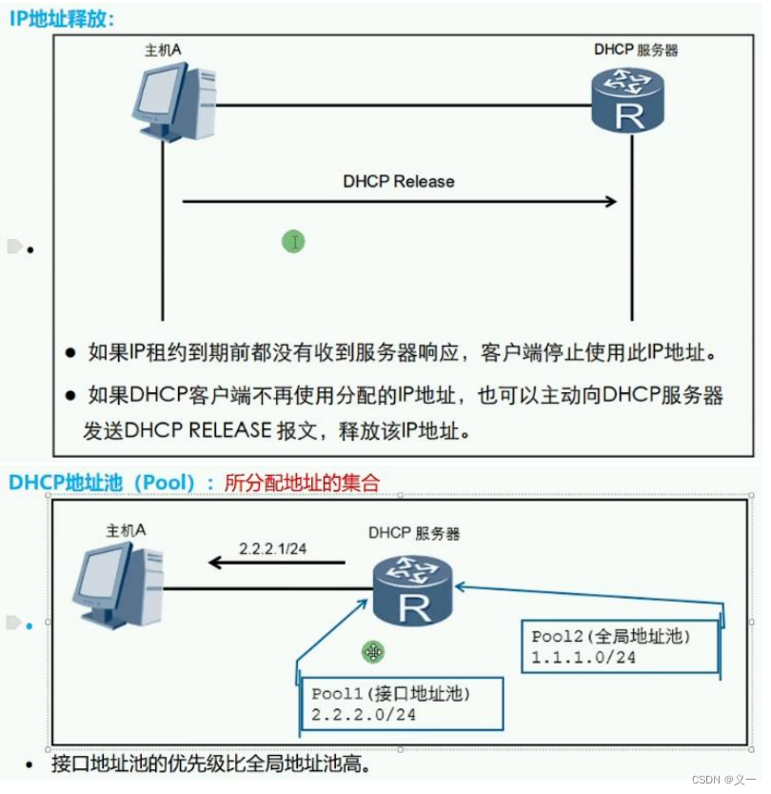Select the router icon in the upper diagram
click(627, 100)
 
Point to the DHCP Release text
click(399, 181)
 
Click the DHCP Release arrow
click(400, 201)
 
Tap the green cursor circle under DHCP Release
click(293, 242)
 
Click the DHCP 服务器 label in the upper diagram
click(636, 50)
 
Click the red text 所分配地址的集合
click(302, 483)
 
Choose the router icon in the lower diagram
click(412, 589)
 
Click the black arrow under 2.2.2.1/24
click(276, 563)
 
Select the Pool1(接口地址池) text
click(391, 694)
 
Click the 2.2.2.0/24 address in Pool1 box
click(364, 714)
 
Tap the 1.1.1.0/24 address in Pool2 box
click(583, 657)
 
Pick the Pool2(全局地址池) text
click(610, 636)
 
